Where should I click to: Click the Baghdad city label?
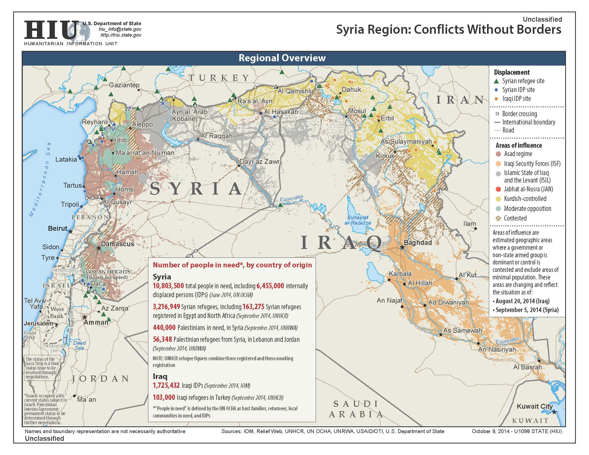417,242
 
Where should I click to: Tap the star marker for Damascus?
99,248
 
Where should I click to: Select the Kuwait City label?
535,406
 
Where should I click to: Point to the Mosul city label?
357,111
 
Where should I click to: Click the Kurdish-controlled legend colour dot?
499,199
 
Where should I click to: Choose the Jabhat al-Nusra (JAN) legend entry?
528,189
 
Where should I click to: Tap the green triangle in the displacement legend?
496,81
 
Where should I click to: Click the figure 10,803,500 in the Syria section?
168,286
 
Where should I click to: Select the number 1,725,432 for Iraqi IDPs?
166,385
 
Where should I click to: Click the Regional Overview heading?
282,58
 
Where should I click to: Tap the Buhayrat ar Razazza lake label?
358,220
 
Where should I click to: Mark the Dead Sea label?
79,345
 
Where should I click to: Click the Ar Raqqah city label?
217,136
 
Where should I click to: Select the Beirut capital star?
70,232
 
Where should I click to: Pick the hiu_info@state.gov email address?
120,29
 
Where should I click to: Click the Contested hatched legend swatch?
499,218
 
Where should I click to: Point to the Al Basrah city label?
527,367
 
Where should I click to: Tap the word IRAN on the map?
460,100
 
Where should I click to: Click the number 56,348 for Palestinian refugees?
162,339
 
